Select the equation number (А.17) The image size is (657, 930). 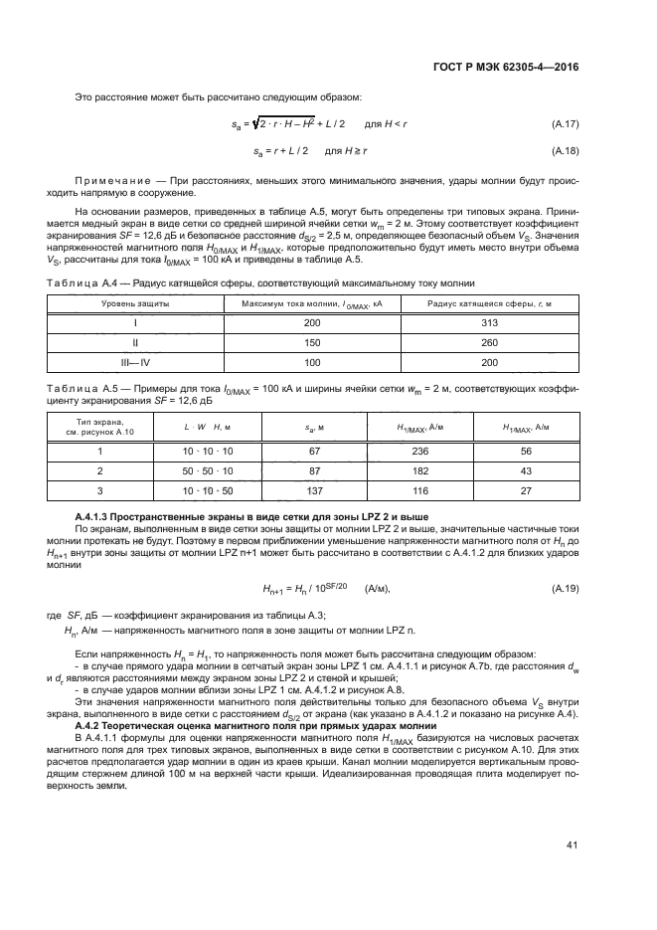point(565,123)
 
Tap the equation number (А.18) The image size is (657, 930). point(565,150)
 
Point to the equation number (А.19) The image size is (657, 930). point(565,589)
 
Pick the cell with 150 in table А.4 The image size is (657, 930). point(312,343)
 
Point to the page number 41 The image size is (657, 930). point(572,845)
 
